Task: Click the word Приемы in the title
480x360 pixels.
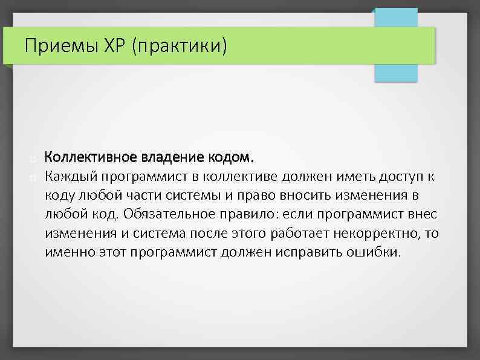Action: pyautogui.click(x=56, y=45)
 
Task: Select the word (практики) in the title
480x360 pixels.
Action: pyautogui.click(x=175, y=46)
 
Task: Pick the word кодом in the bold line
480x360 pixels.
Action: pyautogui.click(x=229, y=158)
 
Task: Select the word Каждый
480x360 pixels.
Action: pyautogui.click(x=70, y=177)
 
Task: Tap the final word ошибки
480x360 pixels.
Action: pyautogui.click(x=375, y=252)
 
